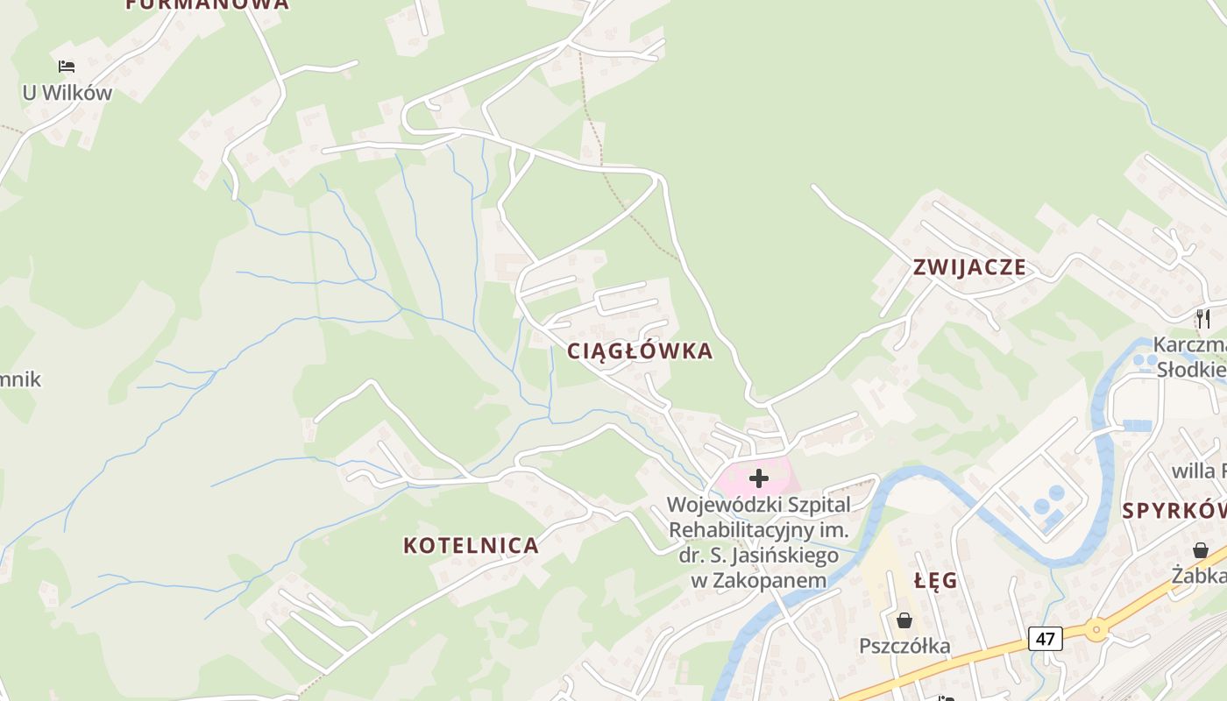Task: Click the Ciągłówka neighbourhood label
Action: [640, 351]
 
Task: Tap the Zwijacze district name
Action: [969, 267]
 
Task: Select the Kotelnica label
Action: [471, 545]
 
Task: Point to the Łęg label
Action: [936, 581]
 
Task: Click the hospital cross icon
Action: [759, 478]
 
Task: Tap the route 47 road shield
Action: [1046, 638]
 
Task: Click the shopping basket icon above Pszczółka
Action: [904, 620]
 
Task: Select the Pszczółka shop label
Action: [904, 647]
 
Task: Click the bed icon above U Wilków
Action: [67, 66]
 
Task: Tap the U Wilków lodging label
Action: [67, 92]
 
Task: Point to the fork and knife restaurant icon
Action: [1202, 318]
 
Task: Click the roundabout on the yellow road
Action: [1096, 628]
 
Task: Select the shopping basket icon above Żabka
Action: [1201, 549]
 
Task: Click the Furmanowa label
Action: [207, 4]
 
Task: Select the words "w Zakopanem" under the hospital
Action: [759, 580]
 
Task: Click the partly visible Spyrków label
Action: [1175, 511]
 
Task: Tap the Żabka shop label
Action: [1200, 576]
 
